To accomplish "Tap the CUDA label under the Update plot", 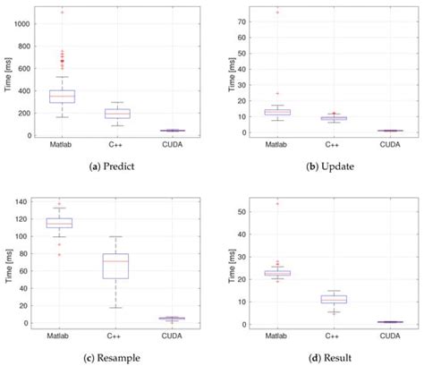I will pyautogui.click(x=386, y=144).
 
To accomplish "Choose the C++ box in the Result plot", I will pyautogui.click(x=334, y=300).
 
